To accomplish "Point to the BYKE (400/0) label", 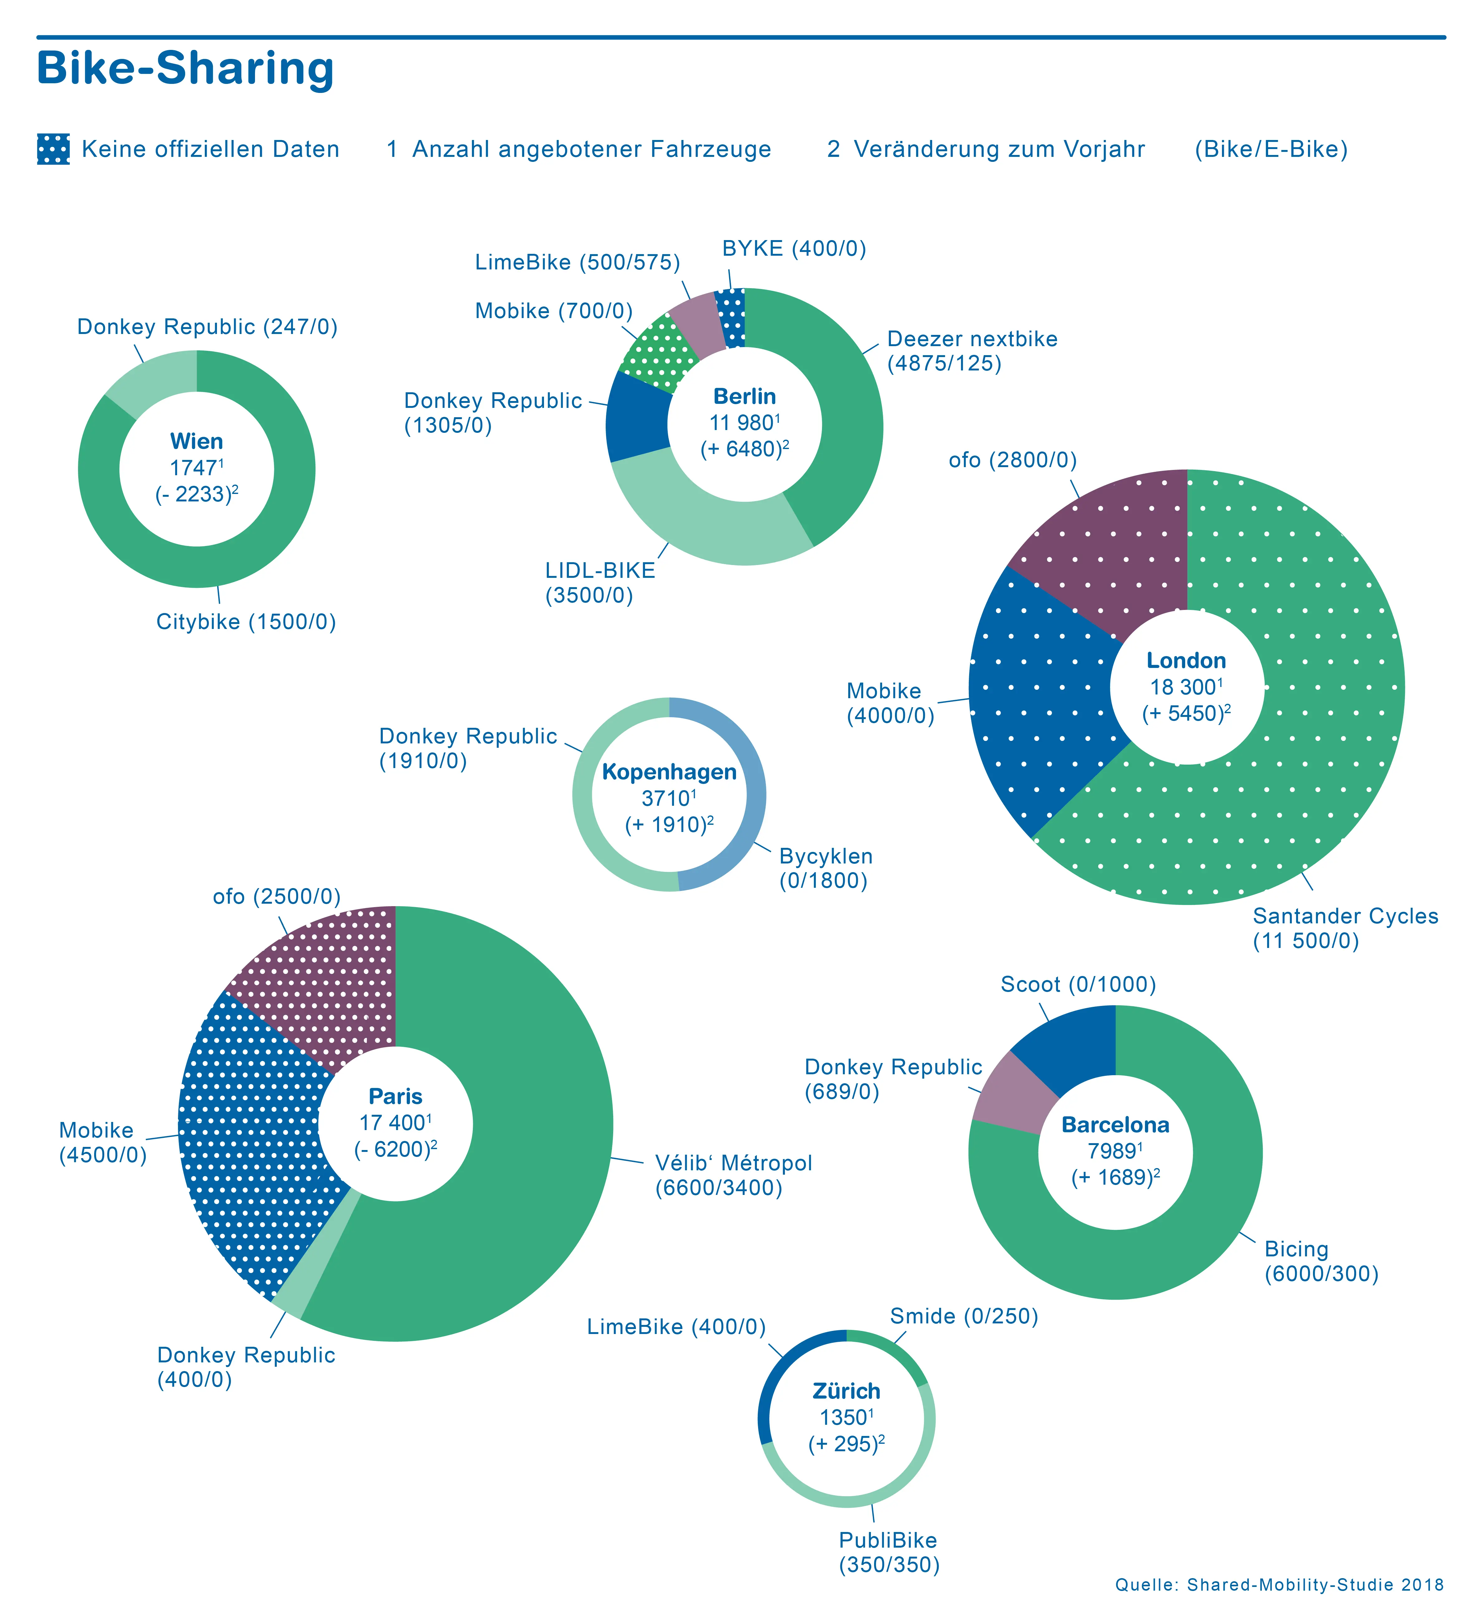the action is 794,249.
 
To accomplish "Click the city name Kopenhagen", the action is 669,772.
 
